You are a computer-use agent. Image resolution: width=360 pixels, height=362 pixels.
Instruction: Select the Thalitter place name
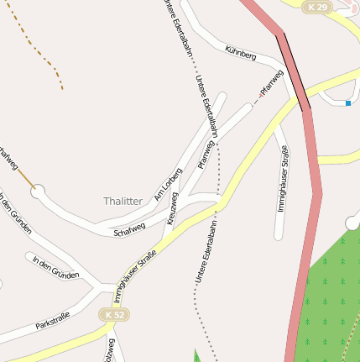point(123,202)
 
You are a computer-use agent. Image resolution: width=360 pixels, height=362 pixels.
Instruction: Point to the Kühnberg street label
point(240,53)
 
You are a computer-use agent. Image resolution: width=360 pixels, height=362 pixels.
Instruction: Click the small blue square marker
point(347,103)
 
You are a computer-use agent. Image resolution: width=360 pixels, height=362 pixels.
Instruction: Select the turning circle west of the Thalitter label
point(38,192)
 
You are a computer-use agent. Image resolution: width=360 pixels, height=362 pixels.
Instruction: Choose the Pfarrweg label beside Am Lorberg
point(206,155)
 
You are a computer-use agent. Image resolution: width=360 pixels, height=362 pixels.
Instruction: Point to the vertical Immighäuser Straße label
point(284,177)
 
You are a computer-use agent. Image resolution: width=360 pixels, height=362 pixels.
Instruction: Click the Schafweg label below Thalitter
point(129,228)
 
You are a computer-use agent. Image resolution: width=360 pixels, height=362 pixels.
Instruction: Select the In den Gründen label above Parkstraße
point(55,268)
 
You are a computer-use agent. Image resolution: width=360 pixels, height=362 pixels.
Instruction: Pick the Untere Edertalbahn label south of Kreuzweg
point(206,252)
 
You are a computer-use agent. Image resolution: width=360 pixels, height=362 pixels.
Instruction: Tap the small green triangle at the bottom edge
point(198,356)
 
